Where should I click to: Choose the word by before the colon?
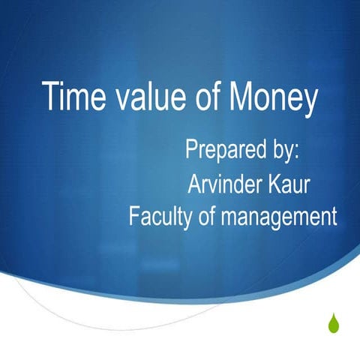tap(280, 148)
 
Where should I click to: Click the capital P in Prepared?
tap(190, 148)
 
